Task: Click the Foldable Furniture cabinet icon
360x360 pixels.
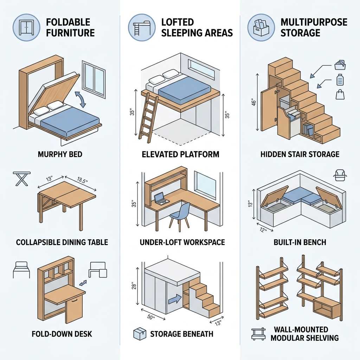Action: tap(26, 27)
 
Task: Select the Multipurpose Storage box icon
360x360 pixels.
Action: tap(261, 27)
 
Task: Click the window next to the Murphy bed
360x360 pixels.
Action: tap(94, 79)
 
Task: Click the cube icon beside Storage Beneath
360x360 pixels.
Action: tap(140, 334)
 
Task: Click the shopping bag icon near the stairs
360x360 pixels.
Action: tap(340, 94)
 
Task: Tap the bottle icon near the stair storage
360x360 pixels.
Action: tap(340, 79)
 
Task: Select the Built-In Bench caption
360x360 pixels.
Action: tap(300, 242)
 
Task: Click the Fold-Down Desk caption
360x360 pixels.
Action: tap(62, 333)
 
